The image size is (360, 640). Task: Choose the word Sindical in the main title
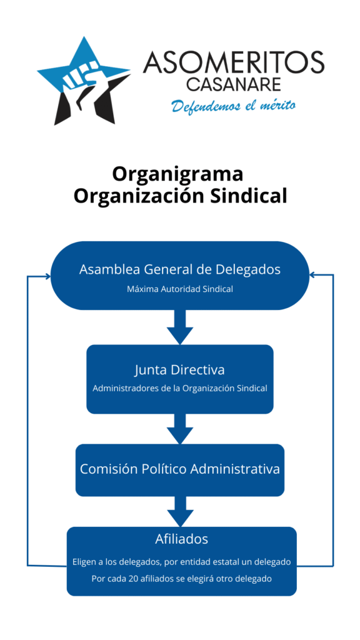(249, 195)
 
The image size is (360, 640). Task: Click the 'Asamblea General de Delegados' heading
(180, 269)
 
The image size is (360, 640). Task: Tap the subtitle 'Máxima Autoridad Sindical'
(180, 289)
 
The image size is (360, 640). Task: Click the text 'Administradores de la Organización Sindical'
(180, 388)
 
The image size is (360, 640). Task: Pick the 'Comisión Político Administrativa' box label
(180, 468)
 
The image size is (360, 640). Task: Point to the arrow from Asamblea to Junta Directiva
(180, 327)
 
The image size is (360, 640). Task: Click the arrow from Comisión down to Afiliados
(180, 511)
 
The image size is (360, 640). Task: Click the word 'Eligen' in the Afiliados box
(85, 562)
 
